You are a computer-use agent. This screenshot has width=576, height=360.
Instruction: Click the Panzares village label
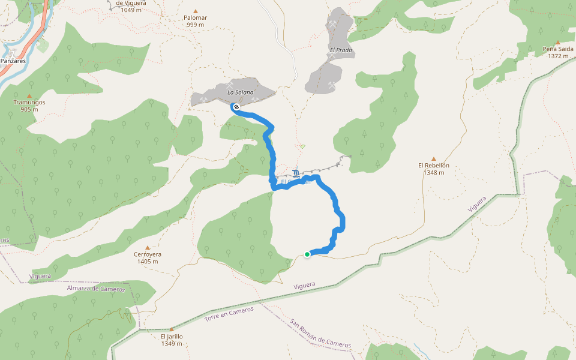[x=13, y=61]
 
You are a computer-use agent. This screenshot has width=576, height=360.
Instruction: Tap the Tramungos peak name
[x=29, y=102]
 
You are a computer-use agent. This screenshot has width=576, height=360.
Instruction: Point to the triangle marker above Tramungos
[x=29, y=95]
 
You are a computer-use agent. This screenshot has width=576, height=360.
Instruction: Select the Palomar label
[x=196, y=17]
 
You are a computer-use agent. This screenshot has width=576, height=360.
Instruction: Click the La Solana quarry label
[x=240, y=92]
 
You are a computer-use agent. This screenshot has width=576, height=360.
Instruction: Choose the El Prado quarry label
[x=340, y=50]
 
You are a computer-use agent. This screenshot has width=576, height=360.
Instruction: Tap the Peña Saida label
[x=557, y=49]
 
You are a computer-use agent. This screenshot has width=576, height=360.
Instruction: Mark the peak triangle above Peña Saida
[x=557, y=42]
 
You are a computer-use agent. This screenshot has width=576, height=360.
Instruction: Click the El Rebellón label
[x=434, y=166]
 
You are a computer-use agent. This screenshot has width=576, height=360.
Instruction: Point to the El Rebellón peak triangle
[x=434, y=159]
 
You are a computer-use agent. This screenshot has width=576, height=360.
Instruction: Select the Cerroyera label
[x=148, y=254]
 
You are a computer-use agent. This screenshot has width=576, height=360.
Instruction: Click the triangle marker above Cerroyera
[x=148, y=247]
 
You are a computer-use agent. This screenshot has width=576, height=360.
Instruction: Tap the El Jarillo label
[x=172, y=336]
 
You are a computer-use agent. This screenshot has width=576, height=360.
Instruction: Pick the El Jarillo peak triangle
[x=172, y=329]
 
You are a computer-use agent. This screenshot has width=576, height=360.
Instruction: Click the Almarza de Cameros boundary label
[x=96, y=289]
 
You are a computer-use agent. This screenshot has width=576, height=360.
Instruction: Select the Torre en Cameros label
[x=229, y=313]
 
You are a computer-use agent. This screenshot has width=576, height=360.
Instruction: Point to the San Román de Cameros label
[x=320, y=334]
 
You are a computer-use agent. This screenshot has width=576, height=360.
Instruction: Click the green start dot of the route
[x=307, y=254]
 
